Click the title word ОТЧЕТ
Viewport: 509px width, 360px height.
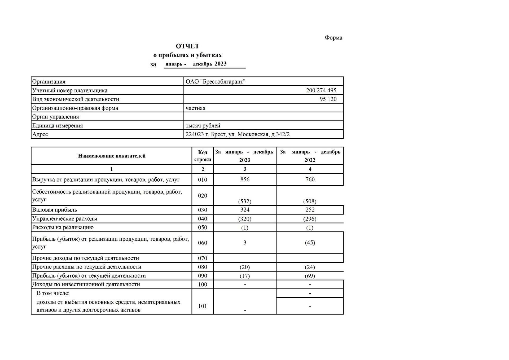[x=187, y=46]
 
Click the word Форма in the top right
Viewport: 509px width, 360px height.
[x=333, y=38]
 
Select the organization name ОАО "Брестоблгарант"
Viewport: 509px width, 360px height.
[x=215, y=82]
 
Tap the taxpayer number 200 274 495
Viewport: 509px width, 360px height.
[x=321, y=90]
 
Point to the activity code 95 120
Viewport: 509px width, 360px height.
[x=328, y=99]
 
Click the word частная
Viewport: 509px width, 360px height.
[x=195, y=108]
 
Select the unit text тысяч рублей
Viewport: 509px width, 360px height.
[x=203, y=126]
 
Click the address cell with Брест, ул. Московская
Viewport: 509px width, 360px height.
[x=238, y=134]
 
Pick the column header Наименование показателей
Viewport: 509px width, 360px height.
[x=112, y=156]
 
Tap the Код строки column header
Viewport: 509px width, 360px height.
[x=203, y=156]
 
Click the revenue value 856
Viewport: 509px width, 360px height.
[x=245, y=179]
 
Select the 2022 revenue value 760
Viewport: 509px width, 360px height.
[x=310, y=179]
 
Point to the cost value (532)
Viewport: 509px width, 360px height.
[x=245, y=201]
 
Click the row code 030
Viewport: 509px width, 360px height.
[x=203, y=210]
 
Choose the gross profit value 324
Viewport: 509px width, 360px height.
[x=245, y=210]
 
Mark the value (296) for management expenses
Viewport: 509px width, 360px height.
[x=310, y=219]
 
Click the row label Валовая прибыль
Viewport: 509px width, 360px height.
[x=55, y=210]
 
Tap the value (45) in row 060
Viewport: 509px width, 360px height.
[x=310, y=243]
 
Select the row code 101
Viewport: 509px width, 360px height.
[x=203, y=306]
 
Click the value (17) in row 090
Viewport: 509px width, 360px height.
[x=245, y=276]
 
